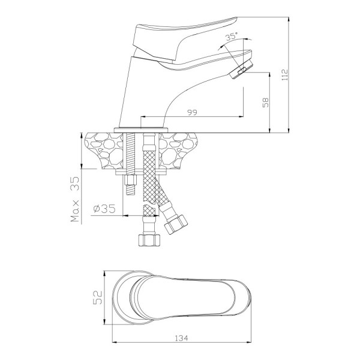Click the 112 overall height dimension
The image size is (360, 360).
[284, 74]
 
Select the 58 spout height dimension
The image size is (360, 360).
[265, 103]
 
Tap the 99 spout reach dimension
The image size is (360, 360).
[192, 113]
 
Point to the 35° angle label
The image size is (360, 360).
[231, 37]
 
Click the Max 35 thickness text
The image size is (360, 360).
[76, 199]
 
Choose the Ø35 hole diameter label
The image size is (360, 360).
[104, 209]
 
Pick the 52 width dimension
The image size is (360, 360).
[98, 298]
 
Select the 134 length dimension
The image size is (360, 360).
[181, 338]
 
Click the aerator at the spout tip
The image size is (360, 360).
[242, 69]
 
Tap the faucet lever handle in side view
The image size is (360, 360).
[184, 41]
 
